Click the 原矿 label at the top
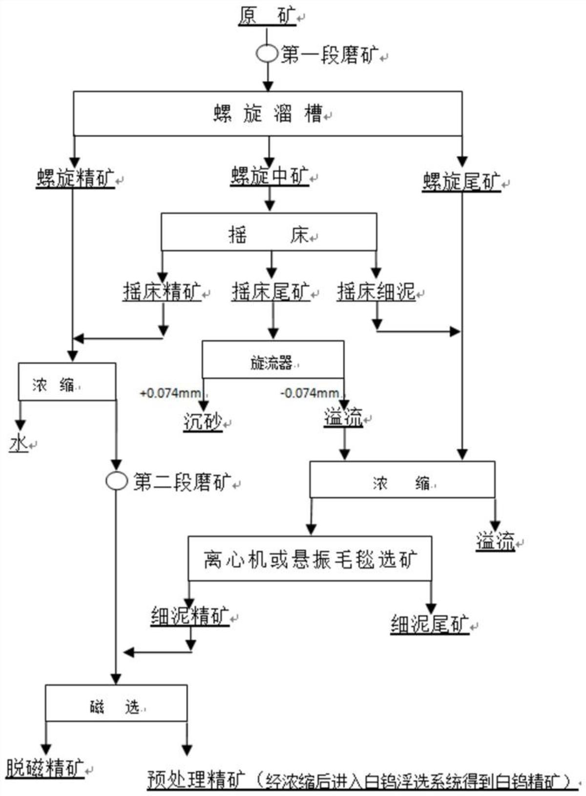point(267,16)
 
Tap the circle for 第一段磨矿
point(267,53)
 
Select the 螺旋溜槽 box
point(268,113)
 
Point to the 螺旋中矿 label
point(270,176)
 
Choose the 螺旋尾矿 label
point(461,182)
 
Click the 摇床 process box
point(269,232)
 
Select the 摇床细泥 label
point(376,292)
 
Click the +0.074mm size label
point(170,393)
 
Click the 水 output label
point(19,443)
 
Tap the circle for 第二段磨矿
point(116,481)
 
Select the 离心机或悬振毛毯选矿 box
point(310,559)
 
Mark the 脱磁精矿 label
point(45,768)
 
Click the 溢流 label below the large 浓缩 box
point(495,542)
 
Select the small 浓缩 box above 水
point(67,381)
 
